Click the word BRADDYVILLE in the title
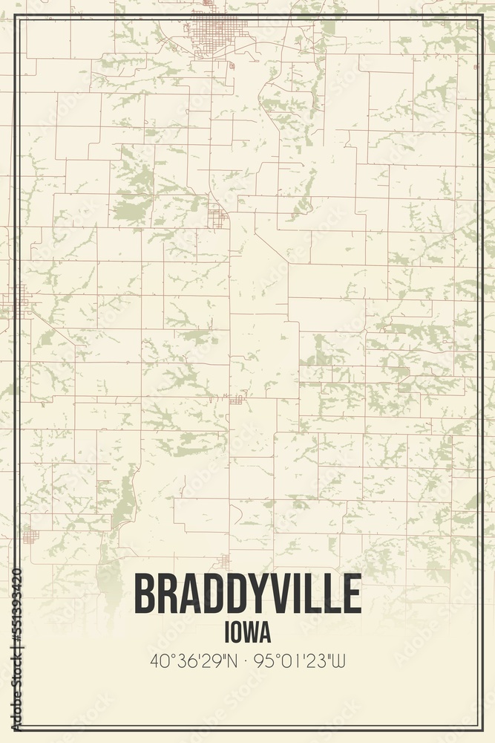pos(247,595)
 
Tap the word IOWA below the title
pos(247,633)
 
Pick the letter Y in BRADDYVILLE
pos(249,595)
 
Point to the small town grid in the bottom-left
pos(30,536)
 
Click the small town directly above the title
pos(224,562)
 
